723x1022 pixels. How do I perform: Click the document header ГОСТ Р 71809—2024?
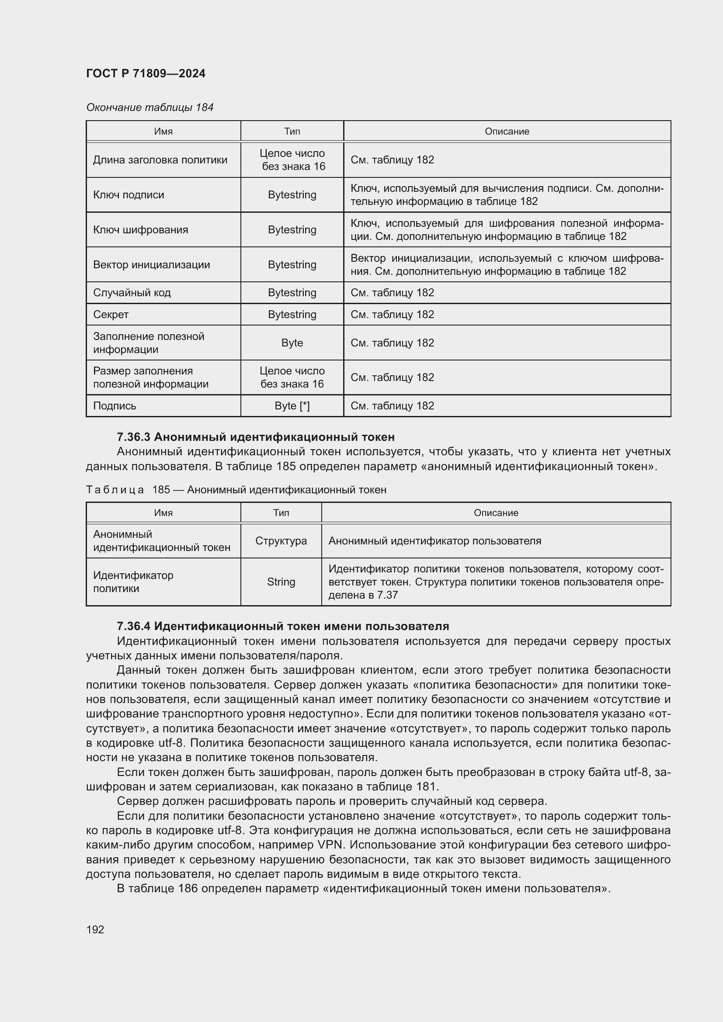point(146,73)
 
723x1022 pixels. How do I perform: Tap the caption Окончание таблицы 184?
point(149,107)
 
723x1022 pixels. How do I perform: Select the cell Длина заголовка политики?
point(160,160)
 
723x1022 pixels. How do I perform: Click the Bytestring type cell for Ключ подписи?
point(292,195)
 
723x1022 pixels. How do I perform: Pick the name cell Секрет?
point(111,315)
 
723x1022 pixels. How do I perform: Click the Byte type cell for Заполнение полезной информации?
point(292,343)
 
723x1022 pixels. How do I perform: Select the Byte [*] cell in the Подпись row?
point(292,406)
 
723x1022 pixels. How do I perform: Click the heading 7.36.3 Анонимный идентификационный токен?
point(256,437)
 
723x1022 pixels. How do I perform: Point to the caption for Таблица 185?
point(236,490)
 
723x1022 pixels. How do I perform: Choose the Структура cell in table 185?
point(281,541)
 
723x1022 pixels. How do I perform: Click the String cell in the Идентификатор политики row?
point(281,582)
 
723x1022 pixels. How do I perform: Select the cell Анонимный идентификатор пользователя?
point(434,541)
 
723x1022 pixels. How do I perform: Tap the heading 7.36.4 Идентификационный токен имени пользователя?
point(283,627)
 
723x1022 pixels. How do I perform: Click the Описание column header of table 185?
point(496,513)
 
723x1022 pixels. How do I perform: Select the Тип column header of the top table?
point(292,132)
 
